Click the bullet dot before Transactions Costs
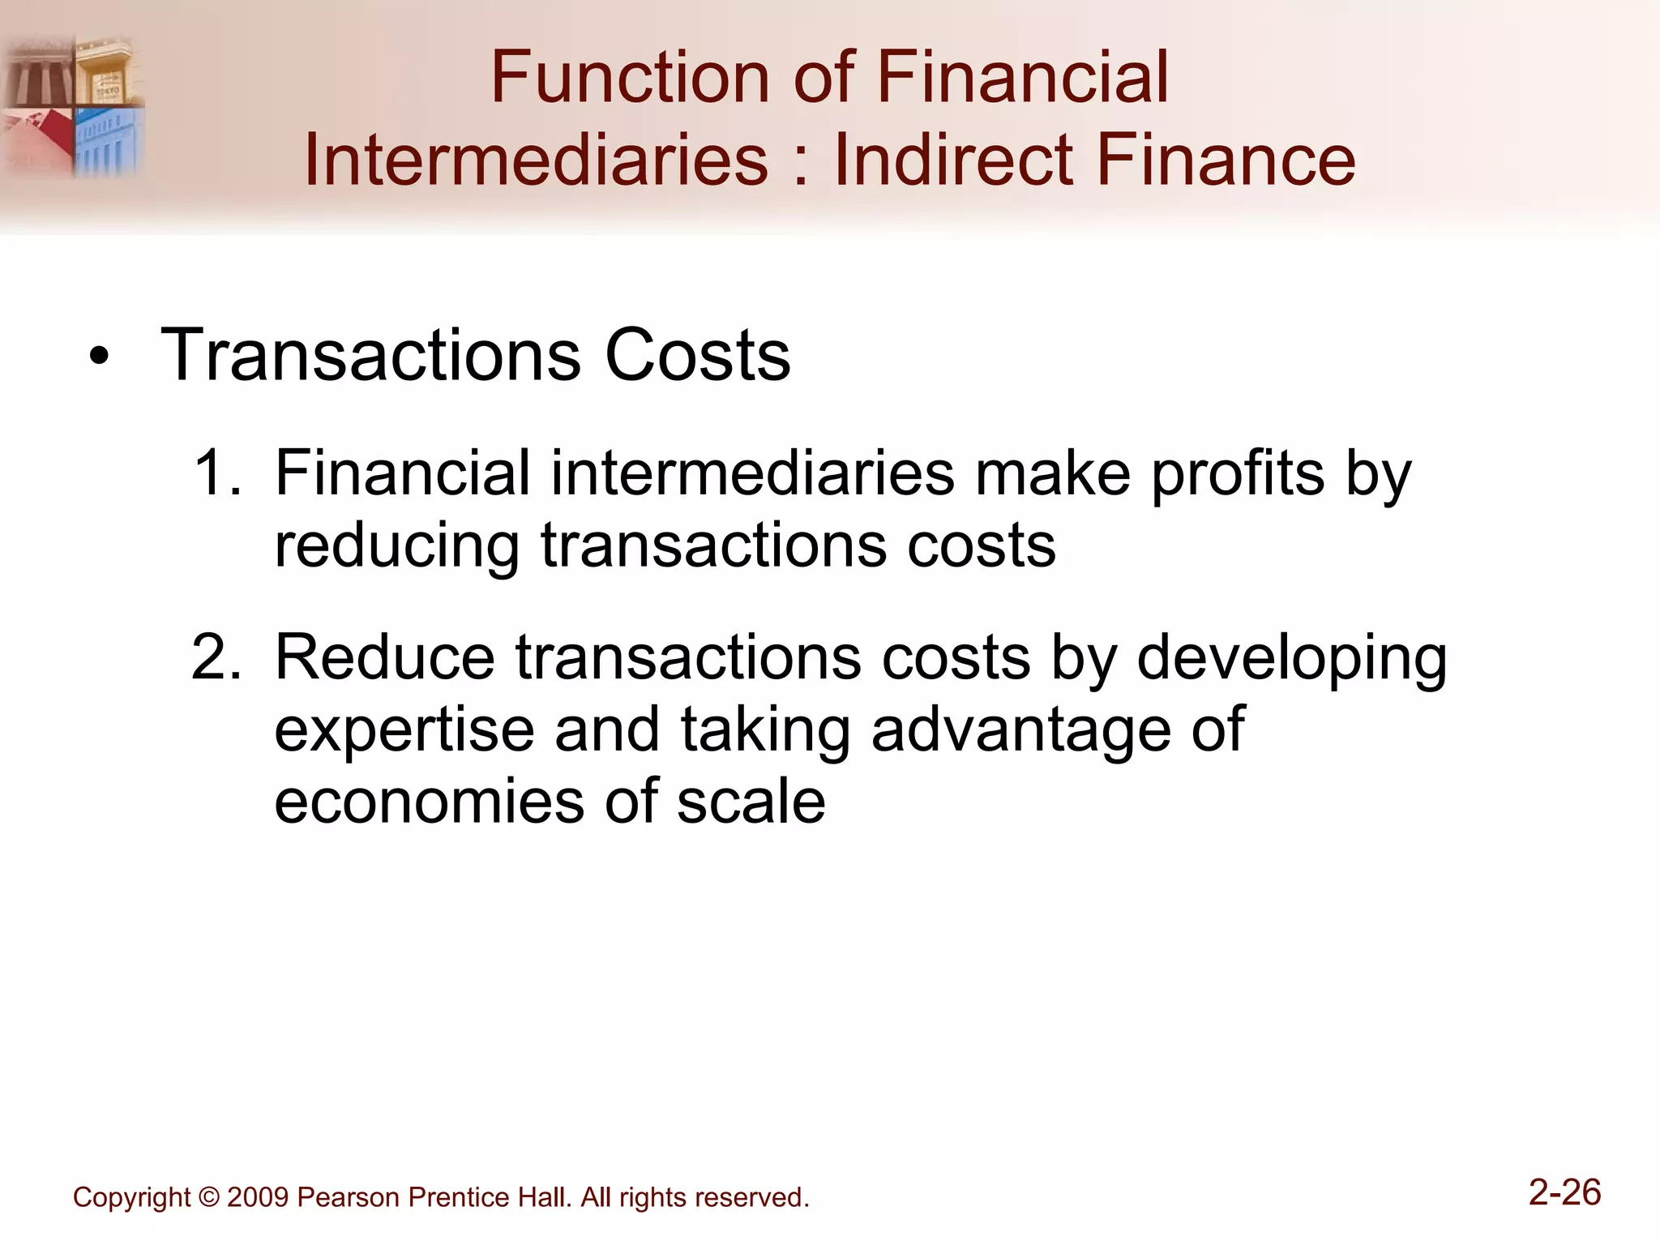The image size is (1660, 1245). click(x=99, y=357)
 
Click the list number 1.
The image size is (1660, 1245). click(x=217, y=473)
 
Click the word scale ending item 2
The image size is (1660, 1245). click(x=751, y=802)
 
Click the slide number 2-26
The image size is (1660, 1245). click(x=1564, y=1193)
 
